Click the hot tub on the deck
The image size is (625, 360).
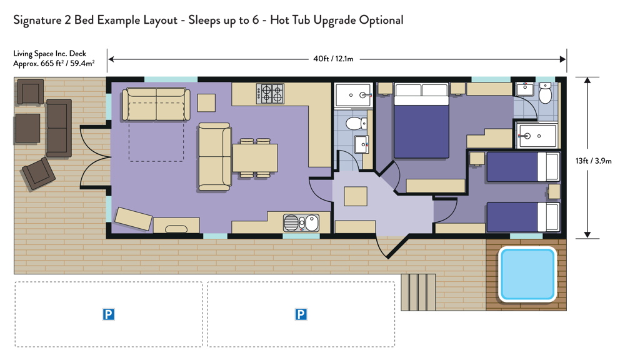(527, 274)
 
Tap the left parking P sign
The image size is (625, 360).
(108, 314)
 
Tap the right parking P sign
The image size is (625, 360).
(301, 314)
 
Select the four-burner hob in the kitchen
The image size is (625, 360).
(270, 94)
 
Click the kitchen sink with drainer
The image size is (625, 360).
(301, 223)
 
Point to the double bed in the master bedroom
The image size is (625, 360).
(421, 121)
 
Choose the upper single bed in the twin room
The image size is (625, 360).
(523, 167)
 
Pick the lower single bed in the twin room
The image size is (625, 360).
(523, 217)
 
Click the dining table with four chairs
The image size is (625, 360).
(255, 158)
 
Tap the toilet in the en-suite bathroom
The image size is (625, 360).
(545, 93)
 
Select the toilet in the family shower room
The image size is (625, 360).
(356, 124)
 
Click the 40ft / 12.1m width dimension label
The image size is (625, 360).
(333, 59)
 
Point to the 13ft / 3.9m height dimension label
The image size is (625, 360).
(594, 161)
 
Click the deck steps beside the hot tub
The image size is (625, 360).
(418, 292)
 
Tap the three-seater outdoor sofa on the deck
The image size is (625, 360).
(59, 128)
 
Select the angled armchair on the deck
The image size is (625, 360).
(39, 174)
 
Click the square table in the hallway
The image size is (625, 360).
(356, 196)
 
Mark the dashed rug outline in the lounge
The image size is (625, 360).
(156, 132)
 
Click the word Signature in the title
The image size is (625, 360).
(37, 21)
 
